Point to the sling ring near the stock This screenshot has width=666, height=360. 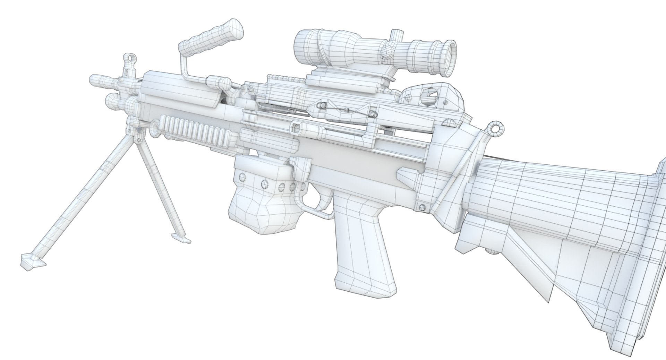point(496,128)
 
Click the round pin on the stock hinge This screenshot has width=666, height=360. point(422,207)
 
